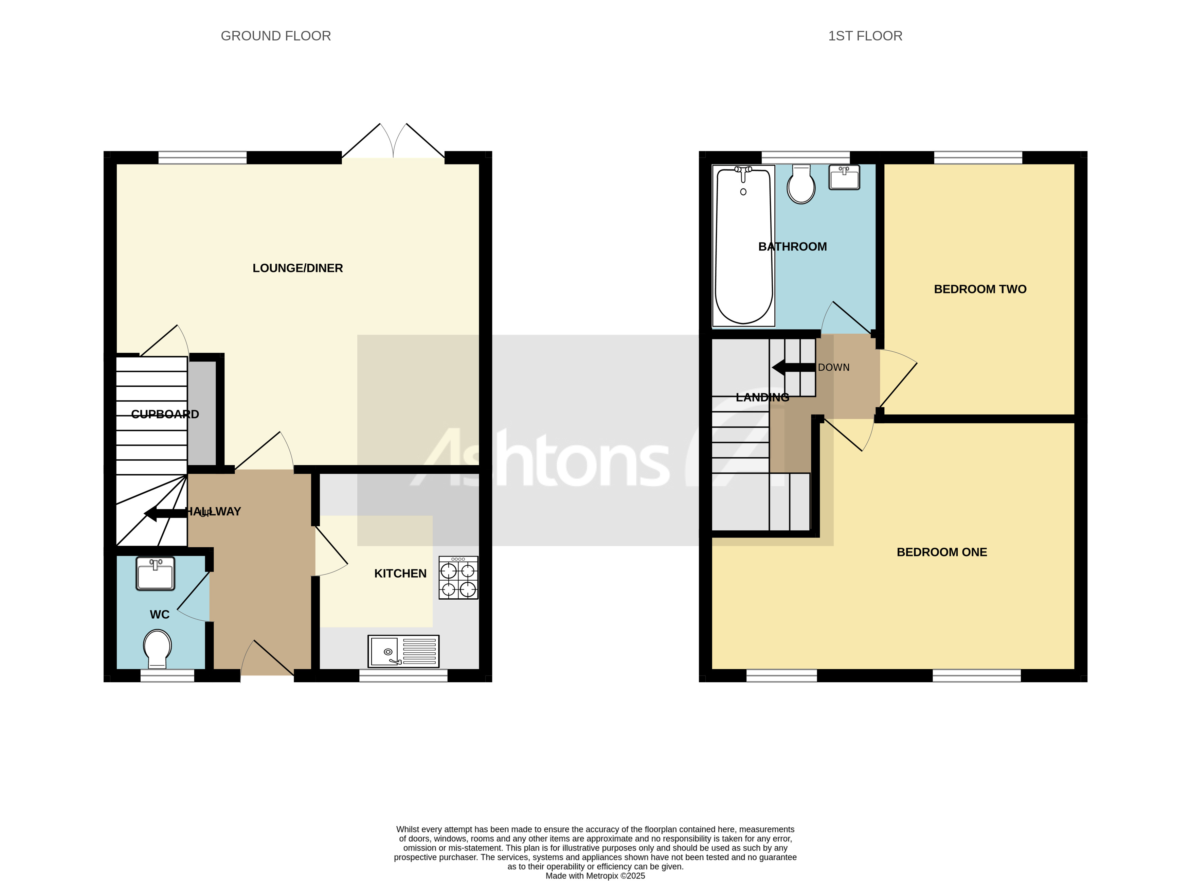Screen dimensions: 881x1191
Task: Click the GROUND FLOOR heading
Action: coord(276,36)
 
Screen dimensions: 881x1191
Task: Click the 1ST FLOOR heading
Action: coord(865,36)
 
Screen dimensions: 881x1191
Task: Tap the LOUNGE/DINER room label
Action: coord(297,268)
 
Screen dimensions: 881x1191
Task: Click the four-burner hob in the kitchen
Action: coord(458,578)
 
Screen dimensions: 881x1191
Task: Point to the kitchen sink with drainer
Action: coord(403,651)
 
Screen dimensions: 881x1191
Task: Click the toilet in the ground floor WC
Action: coord(157,648)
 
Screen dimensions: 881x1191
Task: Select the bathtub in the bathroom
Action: coord(743,245)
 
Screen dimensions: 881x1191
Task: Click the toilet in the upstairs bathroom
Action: coord(801,184)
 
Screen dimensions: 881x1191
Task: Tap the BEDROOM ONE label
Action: coord(941,552)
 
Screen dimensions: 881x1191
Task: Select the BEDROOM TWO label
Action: coord(980,289)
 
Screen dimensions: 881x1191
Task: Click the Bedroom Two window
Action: coord(978,157)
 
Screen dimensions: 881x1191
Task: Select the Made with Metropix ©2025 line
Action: coord(595,875)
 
